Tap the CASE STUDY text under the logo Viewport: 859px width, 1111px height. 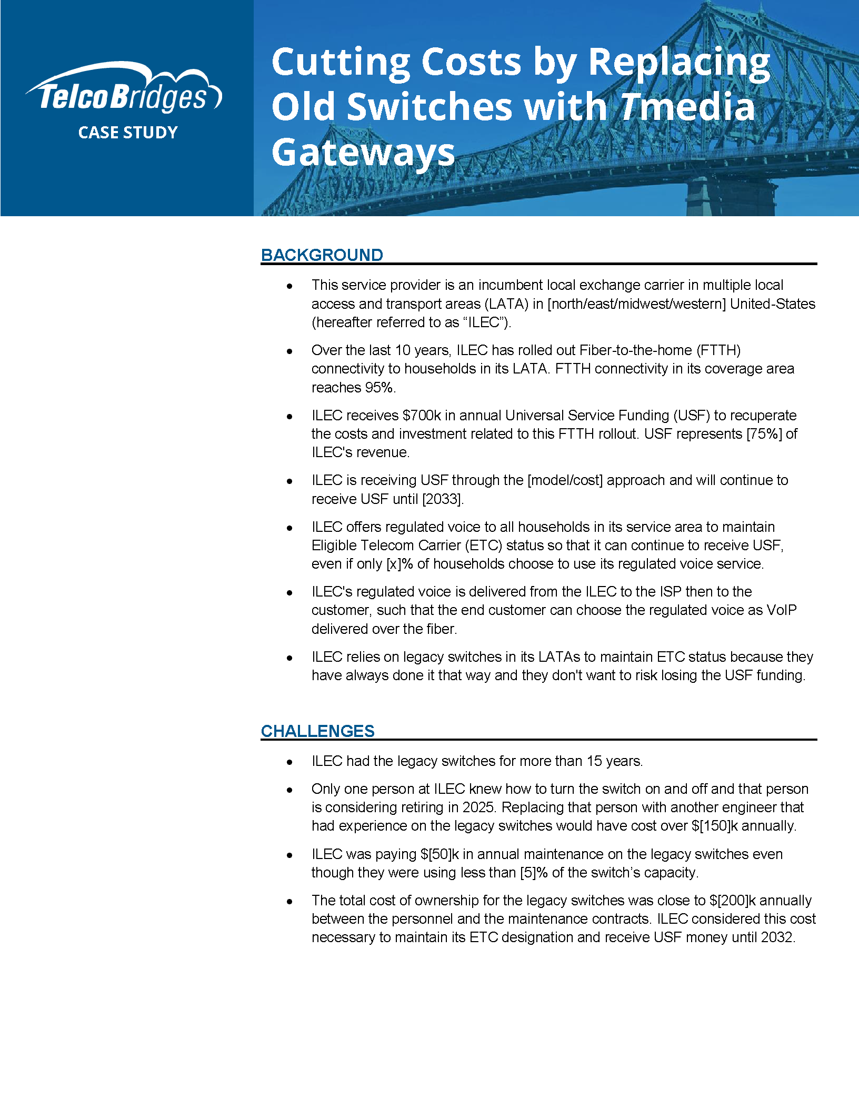[x=128, y=133]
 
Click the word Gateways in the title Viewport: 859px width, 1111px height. [x=363, y=153]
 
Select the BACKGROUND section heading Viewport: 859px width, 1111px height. [x=322, y=255]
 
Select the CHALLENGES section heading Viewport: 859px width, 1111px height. [x=318, y=731]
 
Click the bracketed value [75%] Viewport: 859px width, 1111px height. [x=764, y=434]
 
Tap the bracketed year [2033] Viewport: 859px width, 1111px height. [x=442, y=499]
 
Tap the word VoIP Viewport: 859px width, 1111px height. [x=782, y=610]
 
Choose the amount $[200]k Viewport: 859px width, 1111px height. [x=733, y=901]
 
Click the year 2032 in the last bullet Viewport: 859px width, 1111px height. [x=777, y=937]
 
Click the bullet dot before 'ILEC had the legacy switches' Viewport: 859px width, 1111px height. [x=289, y=762]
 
